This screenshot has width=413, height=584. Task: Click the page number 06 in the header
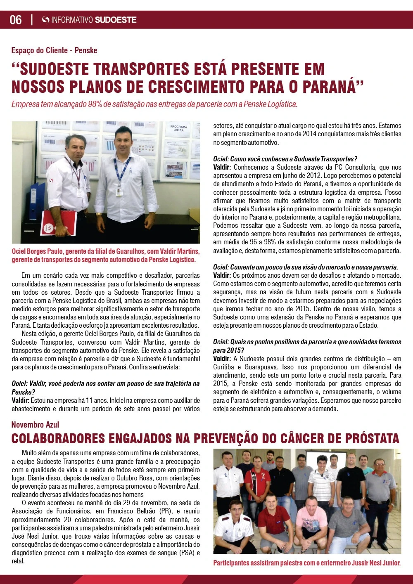click(x=16, y=20)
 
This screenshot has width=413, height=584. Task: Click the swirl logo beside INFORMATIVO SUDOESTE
click(x=46, y=20)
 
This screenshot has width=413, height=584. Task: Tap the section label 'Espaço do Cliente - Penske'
click(x=54, y=50)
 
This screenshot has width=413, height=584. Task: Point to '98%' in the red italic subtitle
click(x=97, y=104)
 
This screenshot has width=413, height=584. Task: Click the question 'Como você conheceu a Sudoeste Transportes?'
click(x=285, y=159)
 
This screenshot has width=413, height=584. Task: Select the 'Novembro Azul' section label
click(x=35, y=425)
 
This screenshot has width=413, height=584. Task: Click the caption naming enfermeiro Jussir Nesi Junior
click(x=307, y=563)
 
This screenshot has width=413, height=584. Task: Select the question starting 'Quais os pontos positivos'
click(x=307, y=346)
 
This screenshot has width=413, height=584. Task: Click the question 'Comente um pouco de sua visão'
click(x=305, y=267)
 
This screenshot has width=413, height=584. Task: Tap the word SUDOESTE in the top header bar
click(x=116, y=20)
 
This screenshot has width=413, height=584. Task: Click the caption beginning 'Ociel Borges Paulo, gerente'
click(x=105, y=255)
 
